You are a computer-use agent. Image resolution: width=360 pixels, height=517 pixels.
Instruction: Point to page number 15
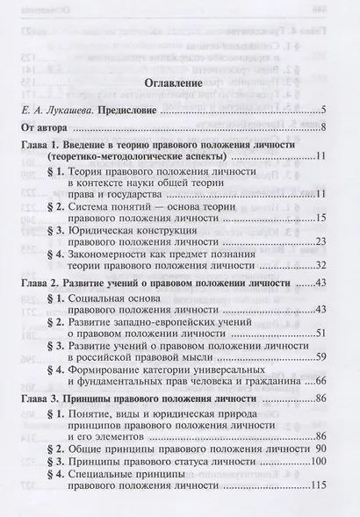pyautogui.click(x=320, y=218)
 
